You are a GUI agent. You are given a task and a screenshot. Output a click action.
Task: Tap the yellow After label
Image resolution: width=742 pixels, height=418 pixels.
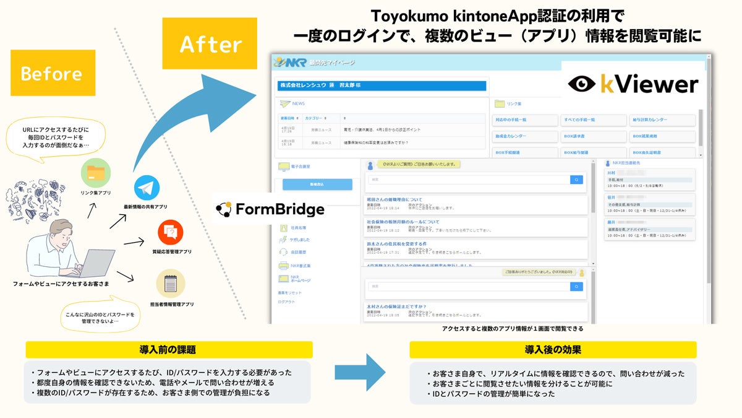(210, 44)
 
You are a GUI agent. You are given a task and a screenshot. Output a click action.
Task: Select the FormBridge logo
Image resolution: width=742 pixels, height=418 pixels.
(270, 209)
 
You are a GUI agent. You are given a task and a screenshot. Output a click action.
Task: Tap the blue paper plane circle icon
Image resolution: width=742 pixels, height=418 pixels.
(147, 187)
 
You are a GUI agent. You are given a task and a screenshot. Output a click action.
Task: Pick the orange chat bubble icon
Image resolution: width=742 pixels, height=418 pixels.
(171, 232)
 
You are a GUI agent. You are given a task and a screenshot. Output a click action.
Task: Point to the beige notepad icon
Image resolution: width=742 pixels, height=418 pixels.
(171, 284)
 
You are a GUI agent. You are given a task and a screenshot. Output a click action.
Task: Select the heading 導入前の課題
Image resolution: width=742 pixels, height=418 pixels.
(168, 349)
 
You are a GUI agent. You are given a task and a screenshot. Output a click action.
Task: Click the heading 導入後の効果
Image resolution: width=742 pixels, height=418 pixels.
(553, 349)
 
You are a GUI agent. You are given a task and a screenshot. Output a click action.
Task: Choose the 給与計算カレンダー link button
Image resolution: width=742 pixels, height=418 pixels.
(662, 120)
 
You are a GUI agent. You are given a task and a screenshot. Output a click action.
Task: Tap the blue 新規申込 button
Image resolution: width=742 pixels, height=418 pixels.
(317, 185)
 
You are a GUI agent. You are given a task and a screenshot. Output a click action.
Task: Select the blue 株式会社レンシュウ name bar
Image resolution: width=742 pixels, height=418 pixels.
(382, 85)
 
